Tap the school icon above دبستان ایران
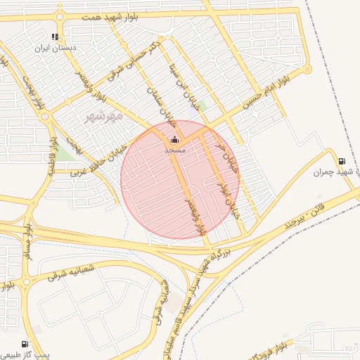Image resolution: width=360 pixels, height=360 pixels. (55, 37)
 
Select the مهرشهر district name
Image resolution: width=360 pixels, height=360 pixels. (103, 115)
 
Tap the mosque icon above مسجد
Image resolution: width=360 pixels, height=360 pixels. (174, 139)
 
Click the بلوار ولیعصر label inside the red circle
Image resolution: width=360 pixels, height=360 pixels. (195, 217)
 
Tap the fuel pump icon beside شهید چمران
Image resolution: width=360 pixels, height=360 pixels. (342, 161)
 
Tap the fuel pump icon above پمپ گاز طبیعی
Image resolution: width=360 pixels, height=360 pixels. (25, 345)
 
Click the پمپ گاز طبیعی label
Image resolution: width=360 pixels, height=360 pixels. (25, 355)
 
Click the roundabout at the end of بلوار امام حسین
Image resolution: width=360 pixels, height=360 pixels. (307, 69)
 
